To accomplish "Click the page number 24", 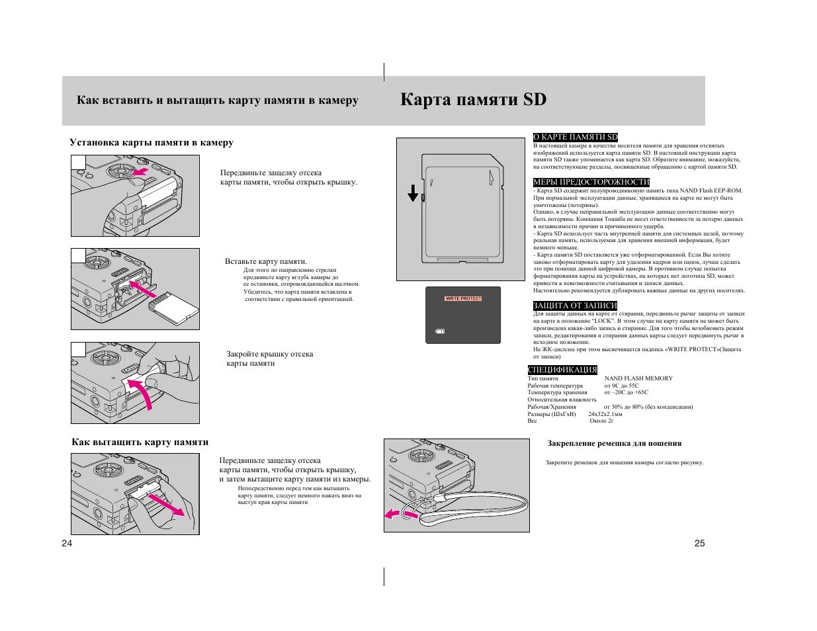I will [x=66, y=544].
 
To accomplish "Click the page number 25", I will [x=699, y=544].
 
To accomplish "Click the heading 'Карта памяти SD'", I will [x=473, y=100].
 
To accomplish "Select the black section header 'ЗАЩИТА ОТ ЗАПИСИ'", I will [x=575, y=306].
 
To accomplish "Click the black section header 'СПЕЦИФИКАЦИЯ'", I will [x=562, y=370].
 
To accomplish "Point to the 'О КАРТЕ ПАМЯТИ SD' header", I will [x=575, y=137].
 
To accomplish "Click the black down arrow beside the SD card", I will [x=413, y=193].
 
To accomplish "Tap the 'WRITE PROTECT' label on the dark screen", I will [x=463, y=298].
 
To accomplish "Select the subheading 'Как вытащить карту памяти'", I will [x=140, y=442].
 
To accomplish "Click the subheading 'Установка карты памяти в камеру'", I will [x=151, y=143].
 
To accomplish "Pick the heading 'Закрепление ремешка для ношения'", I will [x=614, y=444].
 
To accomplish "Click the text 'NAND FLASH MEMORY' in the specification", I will [x=638, y=378].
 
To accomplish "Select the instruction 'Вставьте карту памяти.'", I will [x=266, y=262].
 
